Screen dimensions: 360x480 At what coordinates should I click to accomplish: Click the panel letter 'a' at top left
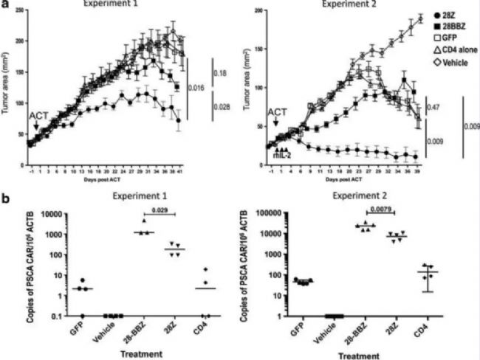point(5,5)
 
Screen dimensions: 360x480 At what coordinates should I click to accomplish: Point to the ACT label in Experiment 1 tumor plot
point(37,116)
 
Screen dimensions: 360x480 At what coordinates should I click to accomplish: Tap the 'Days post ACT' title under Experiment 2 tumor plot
point(340,180)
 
